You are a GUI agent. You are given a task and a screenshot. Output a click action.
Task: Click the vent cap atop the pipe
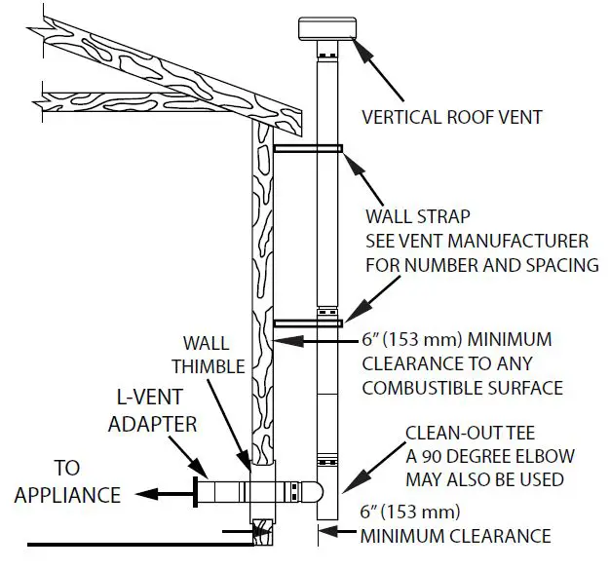(x=330, y=30)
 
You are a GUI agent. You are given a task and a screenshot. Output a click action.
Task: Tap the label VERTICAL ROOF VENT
(x=452, y=118)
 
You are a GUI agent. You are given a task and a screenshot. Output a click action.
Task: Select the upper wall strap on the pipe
(x=308, y=149)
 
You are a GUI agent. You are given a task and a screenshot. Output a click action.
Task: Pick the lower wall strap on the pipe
(x=308, y=323)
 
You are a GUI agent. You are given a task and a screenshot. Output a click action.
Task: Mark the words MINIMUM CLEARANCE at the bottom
(x=455, y=536)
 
